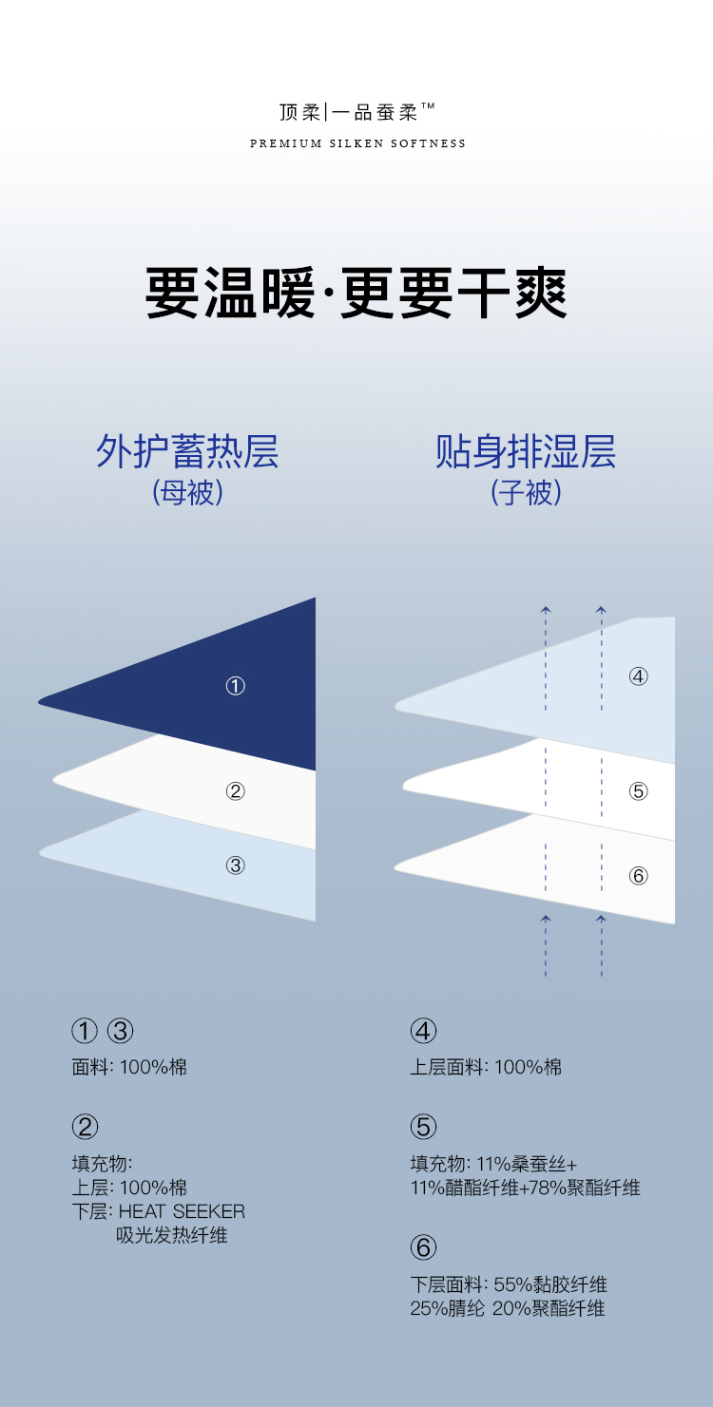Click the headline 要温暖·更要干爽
(x=356, y=294)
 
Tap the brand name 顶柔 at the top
(x=299, y=112)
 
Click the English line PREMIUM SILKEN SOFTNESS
(x=357, y=143)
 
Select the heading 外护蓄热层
(x=187, y=451)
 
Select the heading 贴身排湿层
(x=526, y=451)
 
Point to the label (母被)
(x=187, y=493)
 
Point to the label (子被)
(x=526, y=493)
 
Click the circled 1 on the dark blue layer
(x=236, y=686)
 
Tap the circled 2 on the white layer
(x=236, y=790)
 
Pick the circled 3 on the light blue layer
(x=236, y=865)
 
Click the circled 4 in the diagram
(x=638, y=676)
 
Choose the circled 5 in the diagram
(x=638, y=790)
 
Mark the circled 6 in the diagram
(x=638, y=876)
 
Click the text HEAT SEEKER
(x=182, y=1211)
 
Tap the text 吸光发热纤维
(x=172, y=1236)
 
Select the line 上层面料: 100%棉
(x=486, y=1067)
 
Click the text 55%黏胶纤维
(x=550, y=1284)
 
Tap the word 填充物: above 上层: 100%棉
(x=102, y=1164)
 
